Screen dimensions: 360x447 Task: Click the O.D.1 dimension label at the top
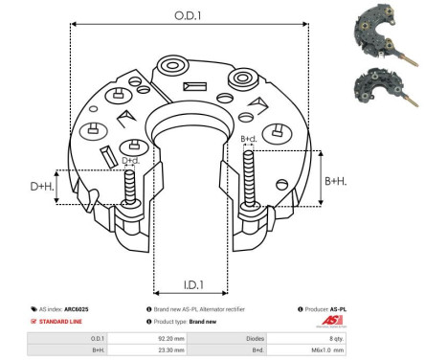click(x=188, y=14)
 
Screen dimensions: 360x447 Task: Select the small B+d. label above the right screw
click(x=249, y=140)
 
